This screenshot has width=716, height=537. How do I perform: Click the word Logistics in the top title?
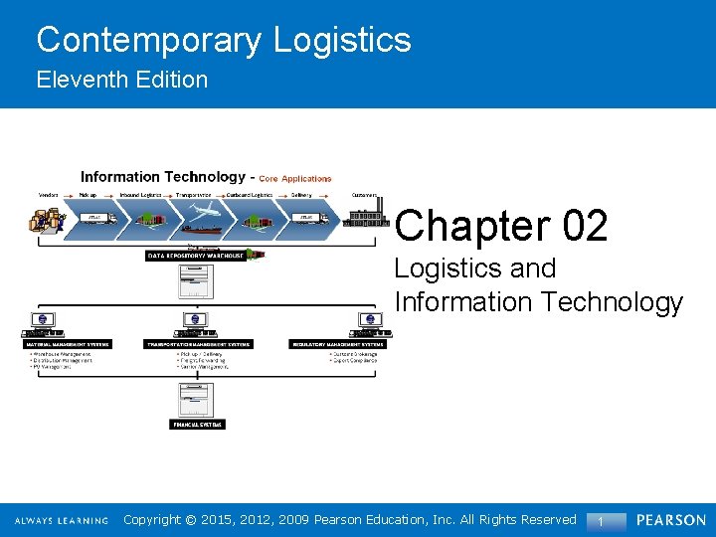tap(342, 40)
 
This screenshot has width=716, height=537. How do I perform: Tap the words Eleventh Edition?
tap(122, 80)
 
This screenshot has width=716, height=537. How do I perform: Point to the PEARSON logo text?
tap(671, 520)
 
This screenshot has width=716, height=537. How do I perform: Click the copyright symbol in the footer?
tap(194, 519)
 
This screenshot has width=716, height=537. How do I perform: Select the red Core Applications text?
tap(295, 179)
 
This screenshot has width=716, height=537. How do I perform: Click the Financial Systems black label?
tap(197, 424)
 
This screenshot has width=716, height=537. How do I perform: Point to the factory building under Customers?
tap(365, 217)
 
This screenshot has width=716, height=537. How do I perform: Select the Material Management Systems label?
tap(68, 344)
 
